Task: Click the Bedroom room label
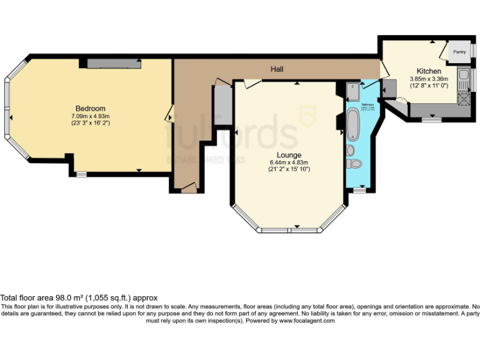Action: [91, 107]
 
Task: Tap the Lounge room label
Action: [289, 154]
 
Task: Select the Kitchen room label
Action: [429, 71]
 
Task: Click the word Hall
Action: [277, 69]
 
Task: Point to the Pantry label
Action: [459, 52]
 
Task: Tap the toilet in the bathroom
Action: [354, 164]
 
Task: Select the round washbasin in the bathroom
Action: [351, 150]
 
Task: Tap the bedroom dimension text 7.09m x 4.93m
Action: [91, 116]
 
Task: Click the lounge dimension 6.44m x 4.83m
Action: [289, 162]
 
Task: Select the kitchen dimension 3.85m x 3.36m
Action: [429, 79]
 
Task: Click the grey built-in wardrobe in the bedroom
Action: [113, 64]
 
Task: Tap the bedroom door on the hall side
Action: [169, 115]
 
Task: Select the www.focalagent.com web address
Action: [306, 321]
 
